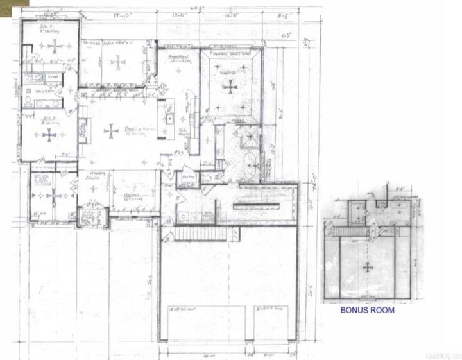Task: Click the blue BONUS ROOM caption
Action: point(367,310)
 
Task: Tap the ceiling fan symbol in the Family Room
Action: point(111,131)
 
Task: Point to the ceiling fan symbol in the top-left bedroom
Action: point(56,46)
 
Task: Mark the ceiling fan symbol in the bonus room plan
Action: point(367,267)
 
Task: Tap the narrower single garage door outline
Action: point(272,321)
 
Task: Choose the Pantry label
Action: point(188,175)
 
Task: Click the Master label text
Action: point(228,74)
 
